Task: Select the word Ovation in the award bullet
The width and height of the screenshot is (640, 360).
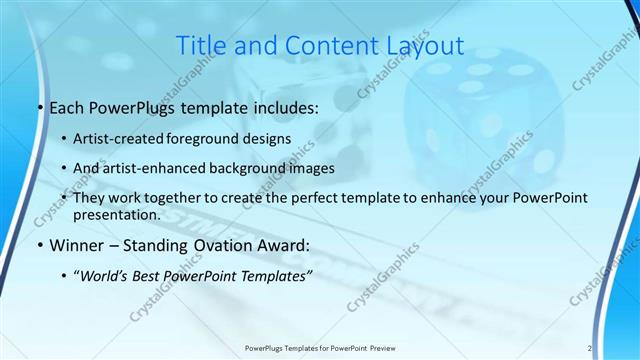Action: [x=226, y=245]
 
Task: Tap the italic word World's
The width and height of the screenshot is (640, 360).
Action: [x=106, y=276]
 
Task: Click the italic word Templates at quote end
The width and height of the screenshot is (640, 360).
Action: [x=276, y=276]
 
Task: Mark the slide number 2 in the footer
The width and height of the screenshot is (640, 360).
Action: [x=589, y=348]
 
